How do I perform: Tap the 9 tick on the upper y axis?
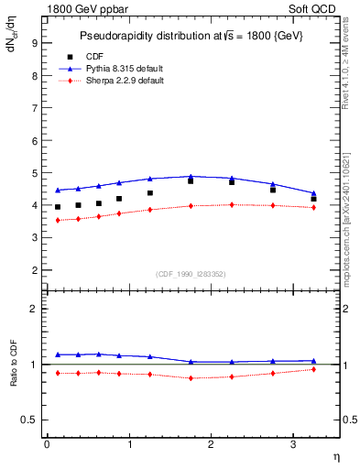point(33,42)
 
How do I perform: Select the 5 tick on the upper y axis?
point(33,172)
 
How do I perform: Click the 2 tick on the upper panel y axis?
point(33,271)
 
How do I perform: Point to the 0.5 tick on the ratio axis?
point(28,420)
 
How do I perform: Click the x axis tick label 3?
point(293,444)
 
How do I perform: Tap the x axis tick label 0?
point(47,444)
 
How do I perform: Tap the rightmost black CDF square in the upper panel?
point(314,199)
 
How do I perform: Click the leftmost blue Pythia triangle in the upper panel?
point(58,191)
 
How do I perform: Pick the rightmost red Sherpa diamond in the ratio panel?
point(314,369)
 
